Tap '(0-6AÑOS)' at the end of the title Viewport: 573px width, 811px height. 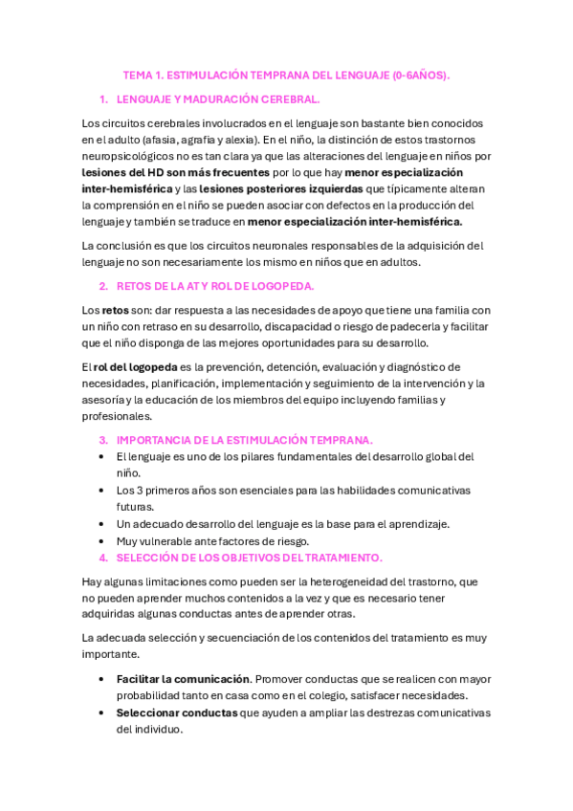coord(421,75)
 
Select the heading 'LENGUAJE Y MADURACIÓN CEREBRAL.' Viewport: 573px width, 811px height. coord(218,99)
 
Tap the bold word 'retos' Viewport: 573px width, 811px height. coord(115,310)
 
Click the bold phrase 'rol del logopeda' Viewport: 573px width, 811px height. coord(136,367)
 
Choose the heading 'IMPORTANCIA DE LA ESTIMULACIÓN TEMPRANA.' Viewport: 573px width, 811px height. coord(244,440)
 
